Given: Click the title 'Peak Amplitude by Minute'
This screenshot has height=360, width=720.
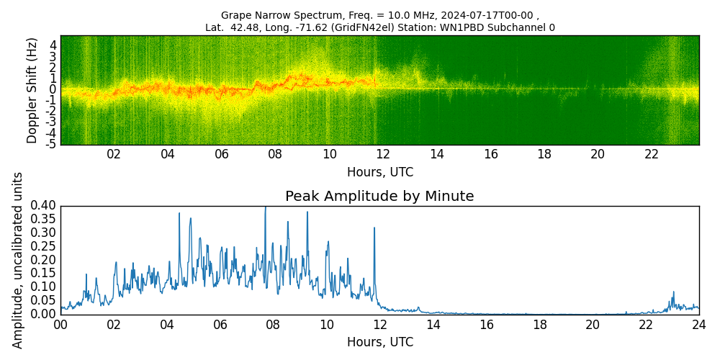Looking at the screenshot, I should [379, 197].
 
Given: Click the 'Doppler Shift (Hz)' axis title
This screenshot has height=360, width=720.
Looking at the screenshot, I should [32, 91].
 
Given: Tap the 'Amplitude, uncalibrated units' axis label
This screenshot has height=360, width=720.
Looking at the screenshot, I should [18, 260].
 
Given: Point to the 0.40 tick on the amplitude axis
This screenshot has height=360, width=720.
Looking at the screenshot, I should [43, 206].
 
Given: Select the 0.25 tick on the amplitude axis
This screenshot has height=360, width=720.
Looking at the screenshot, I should [43, 247].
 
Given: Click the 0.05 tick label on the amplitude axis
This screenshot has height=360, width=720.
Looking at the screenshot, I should [43, 301].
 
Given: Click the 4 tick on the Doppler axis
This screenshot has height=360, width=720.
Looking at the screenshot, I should [53, 45].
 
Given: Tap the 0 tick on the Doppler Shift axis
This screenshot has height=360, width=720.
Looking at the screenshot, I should [53, 89].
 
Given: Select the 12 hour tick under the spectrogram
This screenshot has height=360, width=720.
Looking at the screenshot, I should [383, 154].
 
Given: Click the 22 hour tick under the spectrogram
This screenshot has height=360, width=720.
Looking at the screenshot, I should [652, 154].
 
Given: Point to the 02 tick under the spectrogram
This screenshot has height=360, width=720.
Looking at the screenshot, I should [114, 154].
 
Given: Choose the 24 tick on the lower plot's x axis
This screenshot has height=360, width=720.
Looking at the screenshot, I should [699, 324].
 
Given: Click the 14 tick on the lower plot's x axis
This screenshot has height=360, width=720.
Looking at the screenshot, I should [433, 324].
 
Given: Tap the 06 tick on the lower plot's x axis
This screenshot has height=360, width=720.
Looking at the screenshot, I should [220, 324].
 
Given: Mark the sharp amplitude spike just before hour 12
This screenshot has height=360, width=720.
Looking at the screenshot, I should [374, 228].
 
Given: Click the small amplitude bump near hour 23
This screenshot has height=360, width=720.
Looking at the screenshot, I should [673, 292].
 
